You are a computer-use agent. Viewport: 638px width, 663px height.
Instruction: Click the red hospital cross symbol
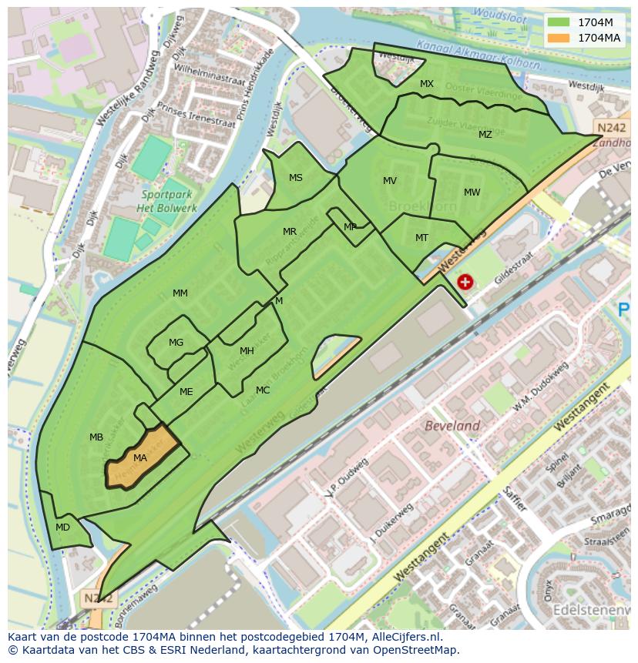[465, 282]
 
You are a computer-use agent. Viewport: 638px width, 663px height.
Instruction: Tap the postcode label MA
[139, 458]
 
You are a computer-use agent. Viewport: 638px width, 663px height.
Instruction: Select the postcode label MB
[96, 437]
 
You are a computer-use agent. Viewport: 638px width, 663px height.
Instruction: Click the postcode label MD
[62, 527]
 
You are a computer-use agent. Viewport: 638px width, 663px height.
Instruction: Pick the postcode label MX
[427, 84]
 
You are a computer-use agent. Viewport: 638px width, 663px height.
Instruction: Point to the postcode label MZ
[485, 135]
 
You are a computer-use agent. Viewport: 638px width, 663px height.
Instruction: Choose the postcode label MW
[472, 193]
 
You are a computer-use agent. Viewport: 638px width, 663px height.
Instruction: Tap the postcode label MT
[421, 238]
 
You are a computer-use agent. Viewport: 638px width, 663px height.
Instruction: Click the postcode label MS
[296, 178]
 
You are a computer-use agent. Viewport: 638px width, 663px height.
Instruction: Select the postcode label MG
[176, 343]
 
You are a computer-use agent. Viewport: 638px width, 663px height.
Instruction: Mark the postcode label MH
[247, 351]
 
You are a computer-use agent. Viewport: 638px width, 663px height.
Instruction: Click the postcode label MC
[263, 390]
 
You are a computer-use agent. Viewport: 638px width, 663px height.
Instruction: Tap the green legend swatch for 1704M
[559, 22]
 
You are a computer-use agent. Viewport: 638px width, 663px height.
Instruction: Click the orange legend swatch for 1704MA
[559, 37]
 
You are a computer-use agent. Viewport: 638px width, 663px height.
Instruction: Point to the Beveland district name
[453, 426]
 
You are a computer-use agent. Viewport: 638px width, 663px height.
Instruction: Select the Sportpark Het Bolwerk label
[166, 202]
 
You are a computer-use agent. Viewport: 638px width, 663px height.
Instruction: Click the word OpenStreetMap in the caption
[415, 650]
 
